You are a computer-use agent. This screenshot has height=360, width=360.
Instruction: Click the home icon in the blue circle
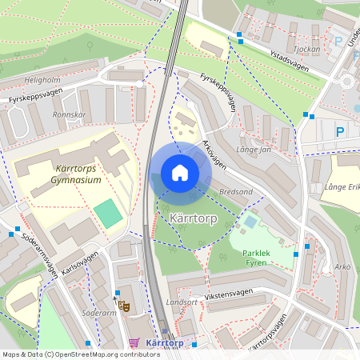(180, 173)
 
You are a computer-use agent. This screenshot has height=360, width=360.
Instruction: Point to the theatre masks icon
(123, 305)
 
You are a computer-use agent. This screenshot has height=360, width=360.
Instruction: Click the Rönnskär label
(69, 114)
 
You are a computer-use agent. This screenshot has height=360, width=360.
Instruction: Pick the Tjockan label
(307, 48)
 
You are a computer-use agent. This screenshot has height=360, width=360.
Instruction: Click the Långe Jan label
(254, 149)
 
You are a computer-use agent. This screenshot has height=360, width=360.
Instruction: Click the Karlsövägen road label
(80, 263)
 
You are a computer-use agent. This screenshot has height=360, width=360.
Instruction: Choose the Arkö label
(342, 266)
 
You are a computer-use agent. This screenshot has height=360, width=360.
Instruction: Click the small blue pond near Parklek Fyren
(252, 221)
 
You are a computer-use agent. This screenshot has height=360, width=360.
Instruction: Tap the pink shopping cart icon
(133, 343)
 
